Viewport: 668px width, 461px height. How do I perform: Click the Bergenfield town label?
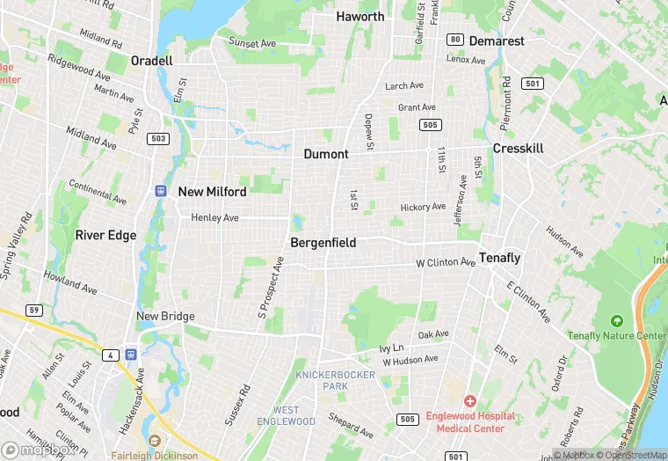pyautogui.click(x=324, y=242)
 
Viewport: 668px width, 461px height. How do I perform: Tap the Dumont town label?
pyautogui.click(x=326, y=154)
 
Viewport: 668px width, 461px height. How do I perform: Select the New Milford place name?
pyautogui.click(x=212, y=192)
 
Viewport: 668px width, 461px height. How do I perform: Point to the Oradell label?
pyautogui.click(x=151, y=61)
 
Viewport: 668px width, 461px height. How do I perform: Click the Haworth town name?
pyautogui.click(x=360, y=17)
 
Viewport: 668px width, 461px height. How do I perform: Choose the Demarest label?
pyautogui.click(x=497, y=41)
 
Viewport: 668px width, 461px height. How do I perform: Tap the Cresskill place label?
pyautogui.click(x=518, y=149)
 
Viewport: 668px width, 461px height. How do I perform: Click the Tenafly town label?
pyautogui.click(x=499, y=259)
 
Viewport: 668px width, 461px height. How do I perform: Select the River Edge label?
pyautogui.click(x=105, y=235)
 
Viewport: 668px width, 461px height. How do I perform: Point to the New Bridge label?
pyautogui.click(x=165, y=317)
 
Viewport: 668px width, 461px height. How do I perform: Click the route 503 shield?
pyautogui.click(x=158, y=138)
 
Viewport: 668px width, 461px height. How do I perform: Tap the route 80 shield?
pyautogui.click(x=454, y=40)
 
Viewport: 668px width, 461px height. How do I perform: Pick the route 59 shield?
pyautogui.click(x=34, y=310)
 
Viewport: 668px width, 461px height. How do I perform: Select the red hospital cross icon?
pyautogui.click(x=469, y=401)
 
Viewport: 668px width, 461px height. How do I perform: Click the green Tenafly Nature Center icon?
pyautogui.click(x=616, y=321)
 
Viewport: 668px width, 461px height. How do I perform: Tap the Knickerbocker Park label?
pyautogui.click(x=335, y=380)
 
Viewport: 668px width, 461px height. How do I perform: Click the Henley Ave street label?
pyautogui.click(x=214, y=217)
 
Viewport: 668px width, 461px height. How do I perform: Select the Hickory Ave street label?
pyautogui.click(x=423, y=207)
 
